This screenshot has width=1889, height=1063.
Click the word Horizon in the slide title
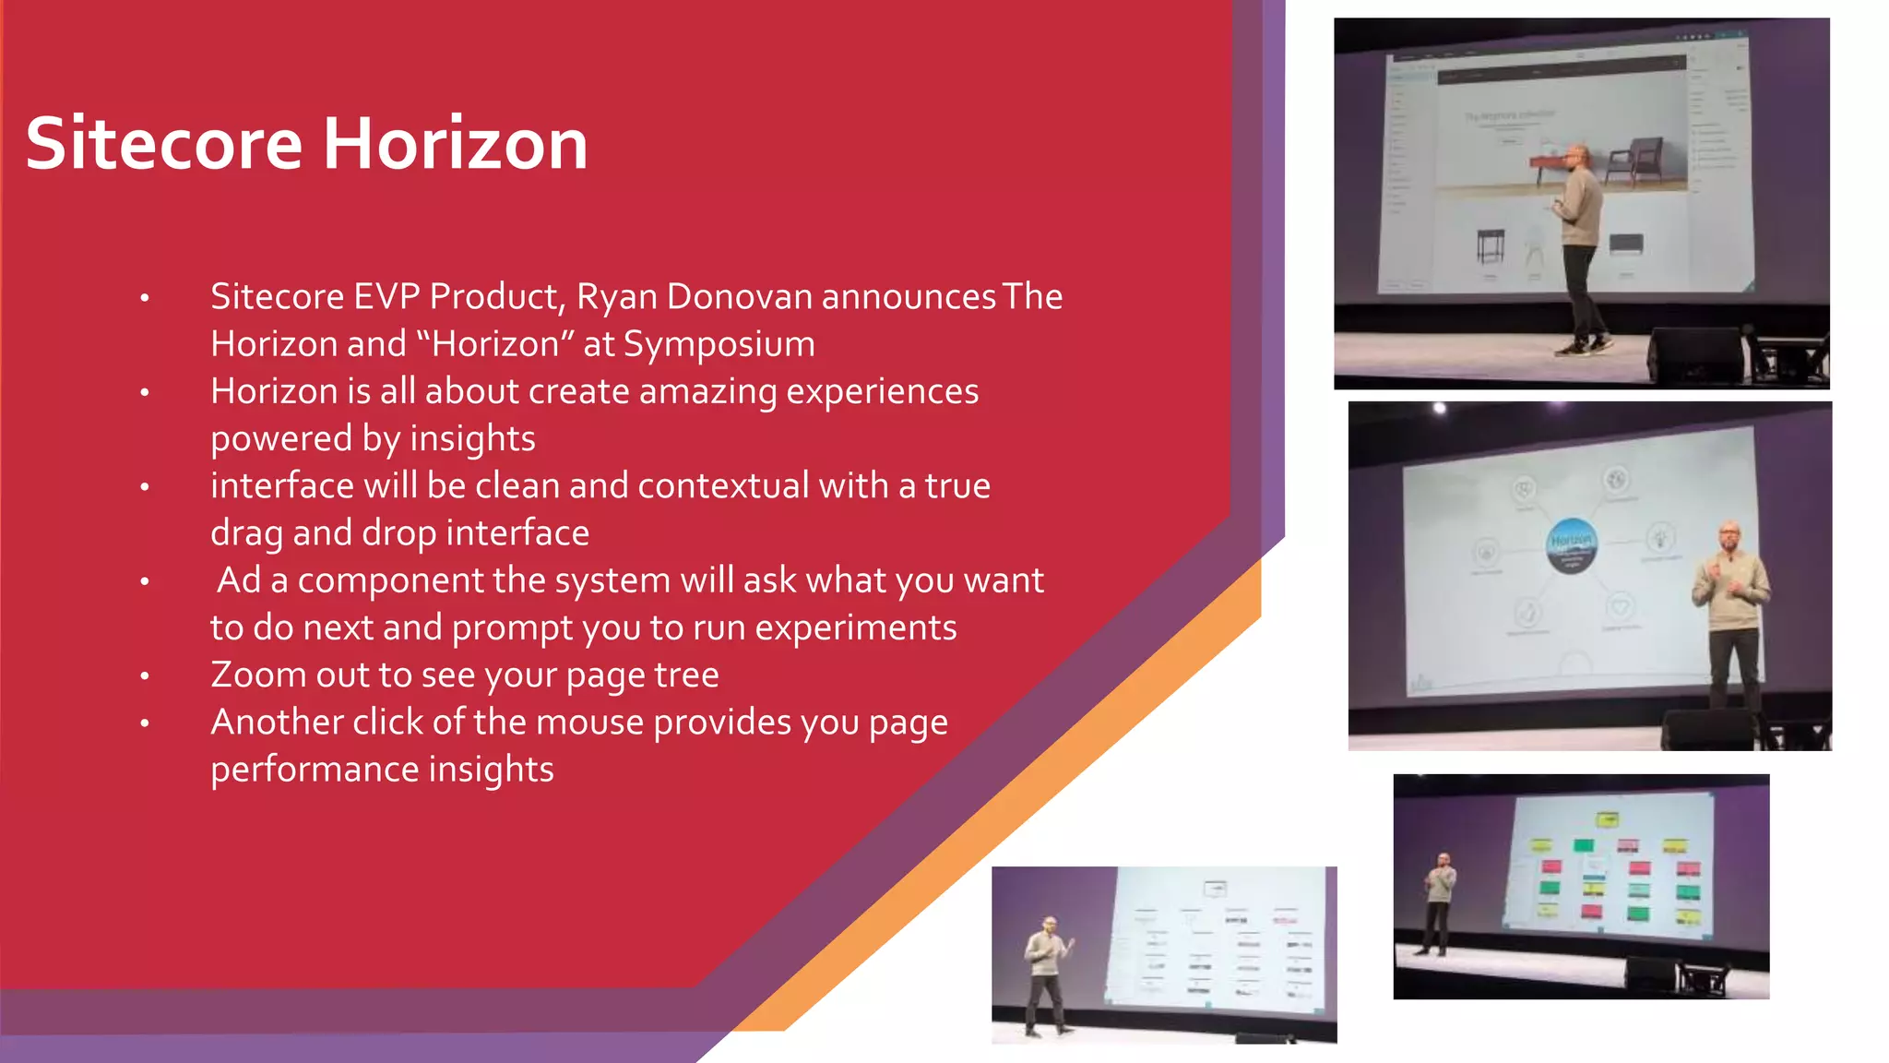pyautogui.click(x=455, y=144)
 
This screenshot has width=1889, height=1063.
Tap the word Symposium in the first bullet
pyautogui.click(x=719, y=344)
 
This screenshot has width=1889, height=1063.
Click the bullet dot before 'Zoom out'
pyautogui.click(x=145, y=676)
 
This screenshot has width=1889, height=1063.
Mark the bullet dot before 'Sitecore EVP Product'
pyautogui.click(x=145, y=298)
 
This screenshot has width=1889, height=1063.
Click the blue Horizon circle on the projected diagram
pyautogui.click(x=1571, y=544)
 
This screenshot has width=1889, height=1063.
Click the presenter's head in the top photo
pyautogui.click(x=1579, y=155)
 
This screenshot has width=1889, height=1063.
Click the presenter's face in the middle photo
pyautogui.click(x=1729, y=537)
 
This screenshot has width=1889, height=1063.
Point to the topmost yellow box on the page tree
pyautogui.click(x=1607, y=819)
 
